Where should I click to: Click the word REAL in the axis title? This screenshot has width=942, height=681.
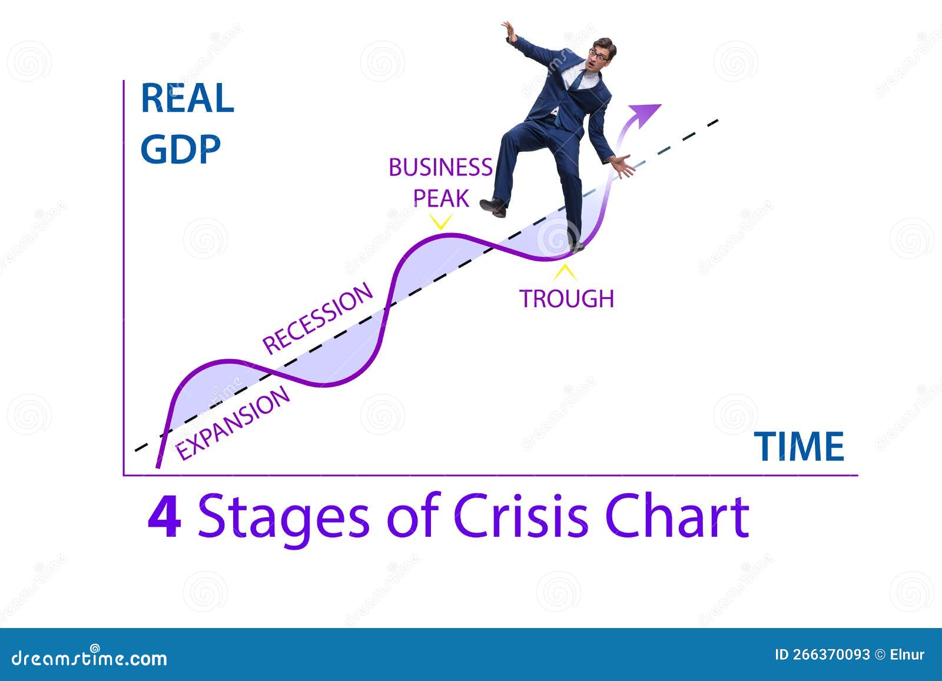(x=187, y=98)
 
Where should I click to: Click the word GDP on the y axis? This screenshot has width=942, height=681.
(x=180, y=149)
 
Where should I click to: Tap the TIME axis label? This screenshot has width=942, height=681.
(x=799, y=446)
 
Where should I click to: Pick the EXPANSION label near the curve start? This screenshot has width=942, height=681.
(x=233, y=423)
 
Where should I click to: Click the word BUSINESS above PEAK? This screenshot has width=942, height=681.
(x=440, y=168)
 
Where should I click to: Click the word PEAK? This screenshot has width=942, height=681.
(x=441, y=199)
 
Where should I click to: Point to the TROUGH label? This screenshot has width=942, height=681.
(x=566, y=299)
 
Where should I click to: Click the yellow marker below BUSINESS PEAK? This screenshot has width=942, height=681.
(x=440, y=222)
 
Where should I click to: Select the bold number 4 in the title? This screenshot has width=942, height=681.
(x=164, y=518)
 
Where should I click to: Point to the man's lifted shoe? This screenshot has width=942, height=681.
(x=493, y=207)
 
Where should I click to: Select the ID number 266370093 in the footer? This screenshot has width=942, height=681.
(x=831, y=655)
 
